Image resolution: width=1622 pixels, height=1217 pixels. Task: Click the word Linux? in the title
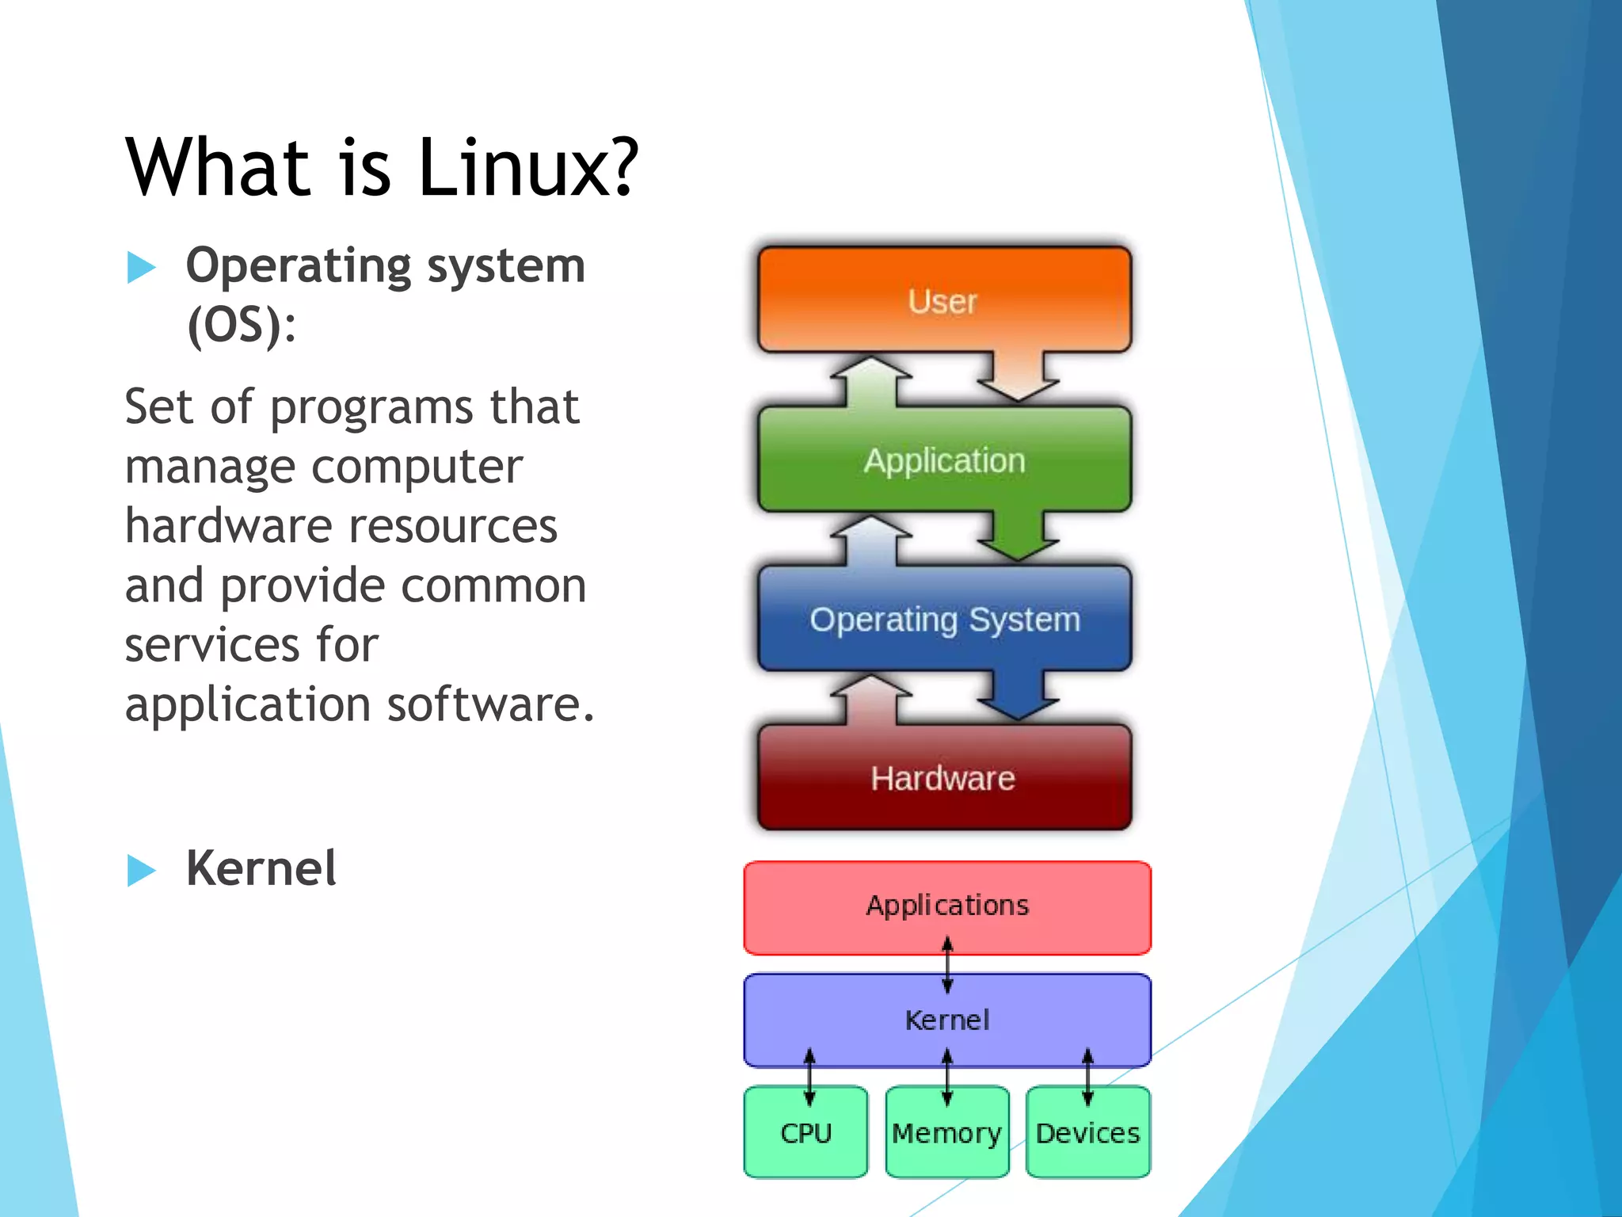click(x=527, y=168)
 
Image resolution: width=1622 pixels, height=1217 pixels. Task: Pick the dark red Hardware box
click(x=943, y=778)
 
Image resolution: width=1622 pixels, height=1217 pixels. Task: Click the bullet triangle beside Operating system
click(x=141, y=268)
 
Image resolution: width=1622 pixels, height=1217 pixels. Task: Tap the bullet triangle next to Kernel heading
click(x=141, y=870)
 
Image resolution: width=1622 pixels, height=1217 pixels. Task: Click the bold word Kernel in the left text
click(x=261, y=868)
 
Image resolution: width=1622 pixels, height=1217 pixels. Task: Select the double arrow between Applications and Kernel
click(x=947, y=964)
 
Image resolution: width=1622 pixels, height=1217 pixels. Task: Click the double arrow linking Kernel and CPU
click(x=809, y=1077)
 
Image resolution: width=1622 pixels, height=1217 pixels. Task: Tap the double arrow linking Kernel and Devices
click(x=1087, y=1077)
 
